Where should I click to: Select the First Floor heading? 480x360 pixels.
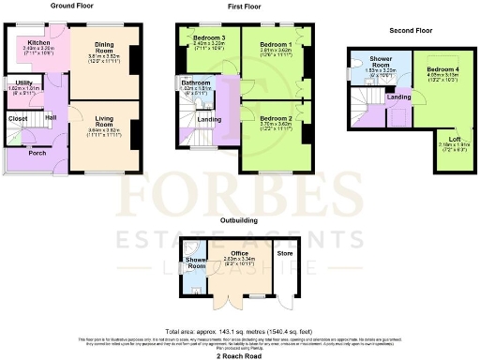(x=244, y=6)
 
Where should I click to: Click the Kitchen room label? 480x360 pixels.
(x=38, y=43)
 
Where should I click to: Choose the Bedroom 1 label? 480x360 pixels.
(x=277, y=44)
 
